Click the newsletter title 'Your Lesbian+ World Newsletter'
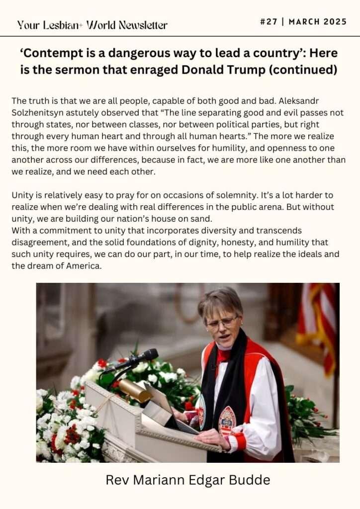[x=92, y=25]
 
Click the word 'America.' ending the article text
[x=85, y=266]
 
